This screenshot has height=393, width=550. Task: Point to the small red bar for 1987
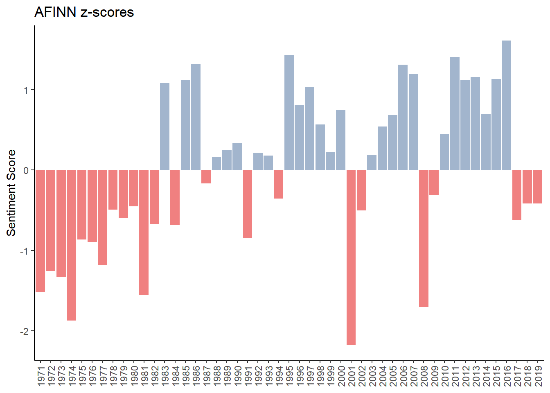(206, 176)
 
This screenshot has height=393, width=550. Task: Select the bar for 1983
(165, 126)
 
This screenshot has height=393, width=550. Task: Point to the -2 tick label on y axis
(25, 331)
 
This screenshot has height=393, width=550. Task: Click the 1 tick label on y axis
(26, 90)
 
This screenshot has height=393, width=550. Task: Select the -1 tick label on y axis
(25, 251)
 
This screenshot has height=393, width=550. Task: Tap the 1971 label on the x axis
(41, 375)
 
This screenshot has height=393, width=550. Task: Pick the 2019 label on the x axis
(538, 375)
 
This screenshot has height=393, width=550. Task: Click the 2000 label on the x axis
(341, 375)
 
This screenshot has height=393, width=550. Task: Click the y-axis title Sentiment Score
(11, 192)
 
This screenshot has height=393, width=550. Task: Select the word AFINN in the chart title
(55, 12)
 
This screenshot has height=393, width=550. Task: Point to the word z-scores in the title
(107, 12)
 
